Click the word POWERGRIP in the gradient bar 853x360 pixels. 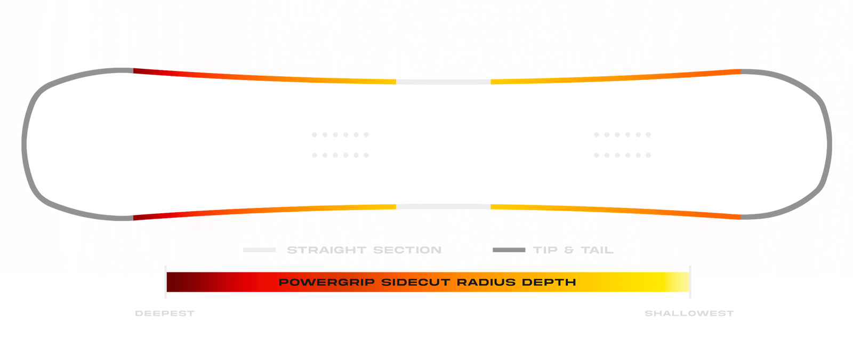click(326, 282)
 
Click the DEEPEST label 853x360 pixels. click(164, 314)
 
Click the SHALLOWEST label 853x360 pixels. click(689, 314)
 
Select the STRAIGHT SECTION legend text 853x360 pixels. click(364, 250)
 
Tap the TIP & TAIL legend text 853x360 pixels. click(573, 250)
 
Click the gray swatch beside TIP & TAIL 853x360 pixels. click(509, 250)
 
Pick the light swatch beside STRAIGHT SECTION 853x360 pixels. click(259, 250)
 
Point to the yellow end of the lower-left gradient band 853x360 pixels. click(389, 219)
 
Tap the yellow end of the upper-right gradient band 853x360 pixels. click(501, 68)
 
